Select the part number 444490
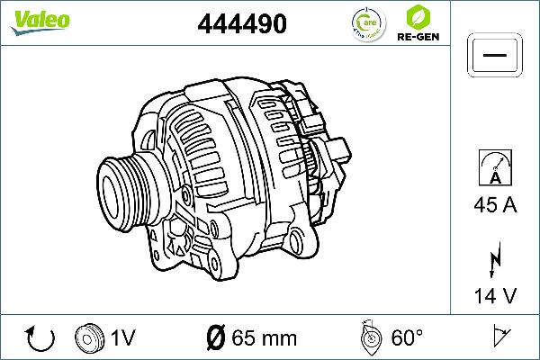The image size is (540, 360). pos(241,24)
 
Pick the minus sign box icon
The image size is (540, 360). pos(494,55)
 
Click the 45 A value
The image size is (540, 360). pos(494,206)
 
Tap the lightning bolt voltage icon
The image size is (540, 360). pos(494,259)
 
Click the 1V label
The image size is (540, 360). pos(122,338)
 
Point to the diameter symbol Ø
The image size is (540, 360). pos(215,338)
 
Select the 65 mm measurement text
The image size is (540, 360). pos(264,338)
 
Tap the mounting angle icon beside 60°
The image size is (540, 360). pos(369,337)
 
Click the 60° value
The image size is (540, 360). pos(407,338)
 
